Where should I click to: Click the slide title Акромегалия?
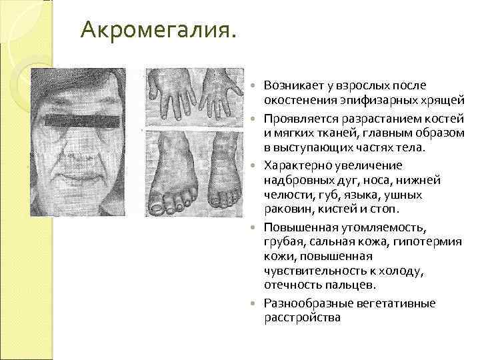point(157,30)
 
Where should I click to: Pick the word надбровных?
point(294,180)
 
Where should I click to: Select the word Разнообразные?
point(303,303)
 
